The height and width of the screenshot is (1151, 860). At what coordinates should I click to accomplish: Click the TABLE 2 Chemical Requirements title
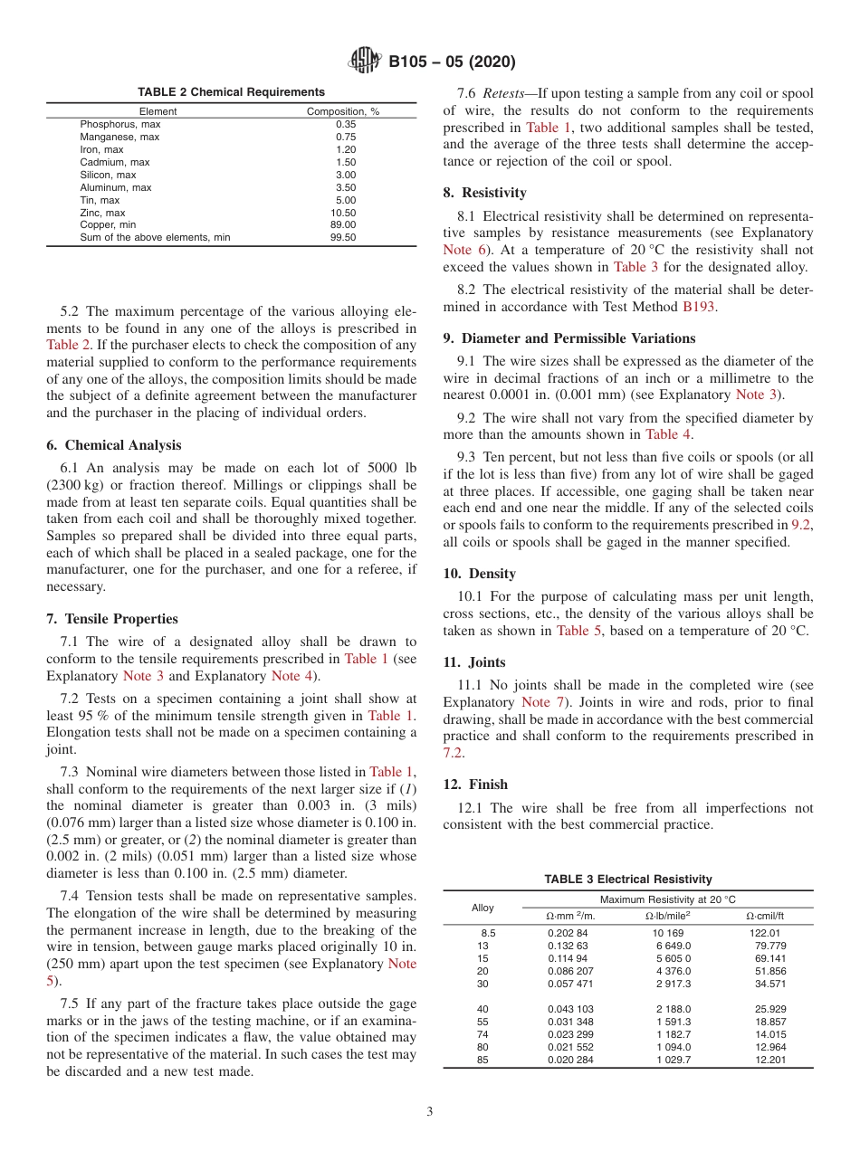231,92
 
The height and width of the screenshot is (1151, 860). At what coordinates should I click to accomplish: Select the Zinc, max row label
102,213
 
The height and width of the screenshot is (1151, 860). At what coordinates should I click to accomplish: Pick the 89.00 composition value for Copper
345,224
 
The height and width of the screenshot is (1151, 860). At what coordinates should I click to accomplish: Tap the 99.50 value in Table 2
345,237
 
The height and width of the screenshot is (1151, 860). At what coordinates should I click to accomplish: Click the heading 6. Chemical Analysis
113,445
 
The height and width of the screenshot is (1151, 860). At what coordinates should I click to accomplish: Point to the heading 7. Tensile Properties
112,619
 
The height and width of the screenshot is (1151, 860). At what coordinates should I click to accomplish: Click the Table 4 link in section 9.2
668,434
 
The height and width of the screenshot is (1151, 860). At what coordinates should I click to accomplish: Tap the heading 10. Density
480,574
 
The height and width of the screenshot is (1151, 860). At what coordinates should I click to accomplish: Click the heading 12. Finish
475,785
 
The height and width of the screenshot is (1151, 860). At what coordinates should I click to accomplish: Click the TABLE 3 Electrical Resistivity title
627,880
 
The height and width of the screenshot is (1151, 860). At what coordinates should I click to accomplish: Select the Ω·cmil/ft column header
765,916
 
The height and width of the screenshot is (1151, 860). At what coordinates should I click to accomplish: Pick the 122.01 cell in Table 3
765,933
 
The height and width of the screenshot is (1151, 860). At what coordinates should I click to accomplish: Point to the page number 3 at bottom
429,1112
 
